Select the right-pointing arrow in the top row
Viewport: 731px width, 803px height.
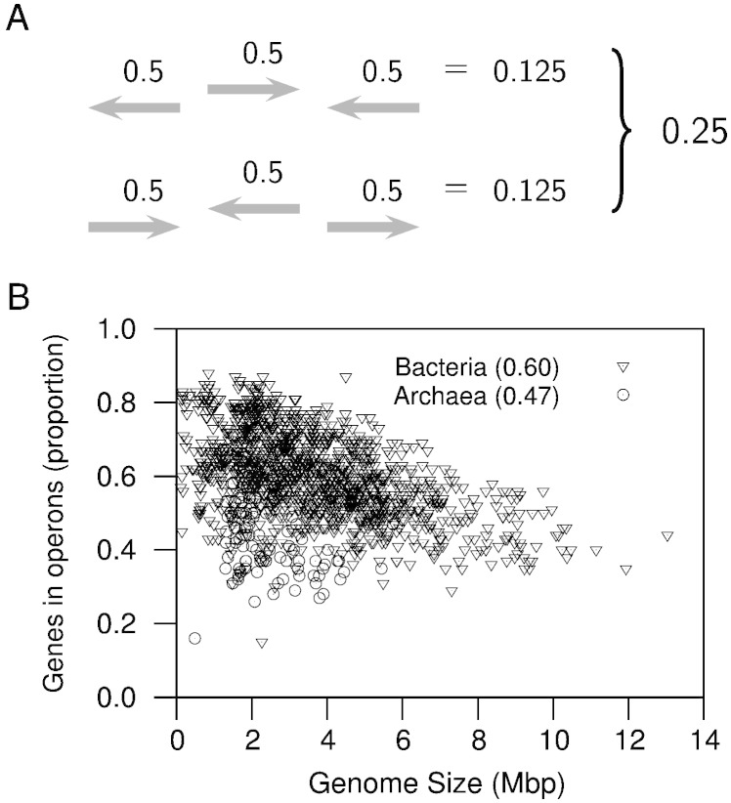click(253, 90)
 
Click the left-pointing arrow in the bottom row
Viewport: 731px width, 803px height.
click(253, 207)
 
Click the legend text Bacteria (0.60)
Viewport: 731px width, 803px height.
click(476, 368)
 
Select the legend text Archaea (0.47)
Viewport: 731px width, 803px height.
click(476, 396)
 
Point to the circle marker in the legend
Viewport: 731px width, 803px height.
click(623, 395)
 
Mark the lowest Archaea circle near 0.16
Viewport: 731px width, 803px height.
click(194, 638)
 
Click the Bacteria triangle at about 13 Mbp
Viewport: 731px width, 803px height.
click(667, 536)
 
